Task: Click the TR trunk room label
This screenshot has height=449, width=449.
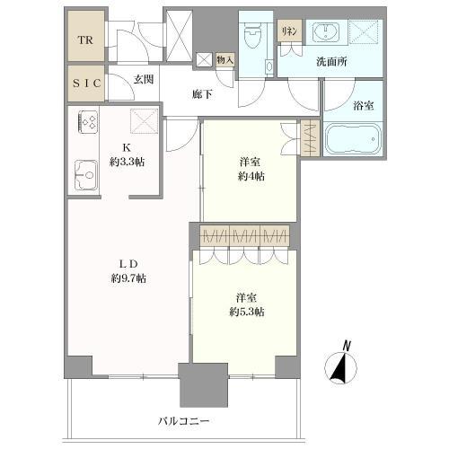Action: pos(85,40)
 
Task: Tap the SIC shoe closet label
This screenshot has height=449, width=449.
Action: pos(86,84)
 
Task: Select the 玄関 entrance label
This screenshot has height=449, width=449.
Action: pos(144,79)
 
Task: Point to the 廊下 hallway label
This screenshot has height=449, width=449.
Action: pos(202,94)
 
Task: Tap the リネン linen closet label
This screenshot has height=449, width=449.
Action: pos(289,31)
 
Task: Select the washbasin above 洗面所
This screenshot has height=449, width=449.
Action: pos(326,31)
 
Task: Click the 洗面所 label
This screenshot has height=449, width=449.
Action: pos(332,61)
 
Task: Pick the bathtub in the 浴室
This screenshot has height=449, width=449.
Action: pos(353,139)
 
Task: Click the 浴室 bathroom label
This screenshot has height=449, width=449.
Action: pos(363,105)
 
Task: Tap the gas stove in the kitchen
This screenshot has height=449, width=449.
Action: pos(88,122)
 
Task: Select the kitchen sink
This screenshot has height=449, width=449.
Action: pos(86,175)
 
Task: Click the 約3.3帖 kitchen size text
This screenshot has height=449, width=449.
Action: pos(127,163)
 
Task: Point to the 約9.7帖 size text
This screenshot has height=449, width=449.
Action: pos(128,278)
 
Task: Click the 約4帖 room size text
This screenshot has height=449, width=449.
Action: pos(251,177)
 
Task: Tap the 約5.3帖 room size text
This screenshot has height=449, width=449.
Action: pos(247,313)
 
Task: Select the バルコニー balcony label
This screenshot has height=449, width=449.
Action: pos(184,421)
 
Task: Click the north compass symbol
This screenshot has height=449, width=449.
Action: pos(341,368)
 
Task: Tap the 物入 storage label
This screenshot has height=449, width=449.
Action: pos(225,60)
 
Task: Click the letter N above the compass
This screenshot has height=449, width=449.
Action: pos(347,346)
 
